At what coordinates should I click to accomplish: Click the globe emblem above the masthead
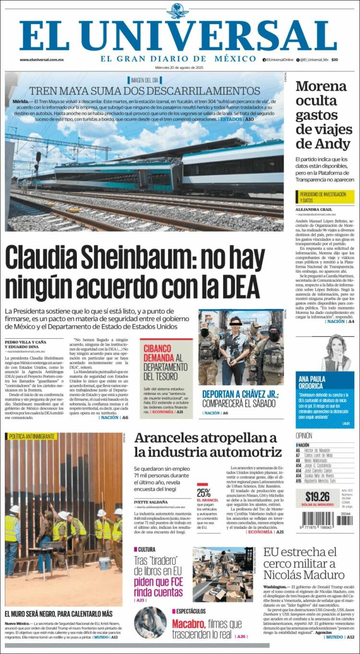click(x=178, y=11)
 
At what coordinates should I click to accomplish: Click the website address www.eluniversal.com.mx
click(x=42, y=59)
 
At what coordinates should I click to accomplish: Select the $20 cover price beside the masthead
click(x=335, y=59)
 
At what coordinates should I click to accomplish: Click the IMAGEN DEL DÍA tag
click(x=144, y=80)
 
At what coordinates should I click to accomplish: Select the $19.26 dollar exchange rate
click(x=317, y=497)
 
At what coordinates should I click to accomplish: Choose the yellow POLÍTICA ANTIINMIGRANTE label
click(x=31, y=437)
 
